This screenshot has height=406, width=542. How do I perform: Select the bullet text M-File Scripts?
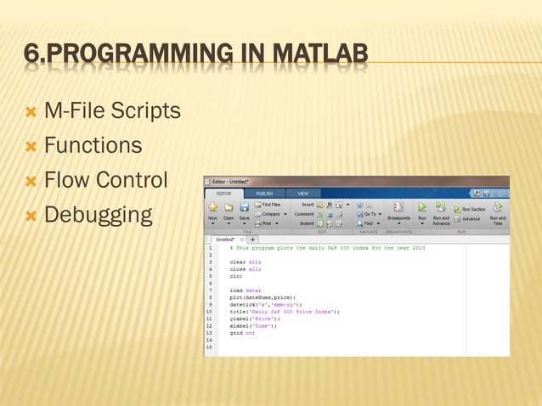click(112, 110)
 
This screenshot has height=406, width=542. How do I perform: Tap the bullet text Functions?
click(93, 146)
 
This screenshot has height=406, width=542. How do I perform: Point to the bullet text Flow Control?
click(106, 181)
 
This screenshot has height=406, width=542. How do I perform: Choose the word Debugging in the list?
click(98, 216)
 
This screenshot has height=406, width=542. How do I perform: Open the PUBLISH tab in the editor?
click(264, 193)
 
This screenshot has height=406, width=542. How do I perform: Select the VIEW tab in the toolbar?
click(302, 193)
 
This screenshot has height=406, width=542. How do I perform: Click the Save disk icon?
click(245, 206)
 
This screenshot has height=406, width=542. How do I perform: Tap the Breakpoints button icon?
click(398, 207)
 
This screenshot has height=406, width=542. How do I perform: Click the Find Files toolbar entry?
click(271, 205)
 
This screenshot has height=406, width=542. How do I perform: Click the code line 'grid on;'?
click(241, 333)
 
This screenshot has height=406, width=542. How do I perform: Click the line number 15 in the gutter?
click(209, 347)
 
